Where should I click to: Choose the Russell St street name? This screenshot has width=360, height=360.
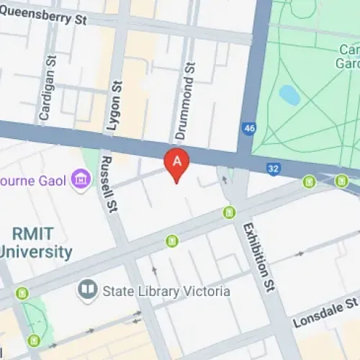click(109, 186)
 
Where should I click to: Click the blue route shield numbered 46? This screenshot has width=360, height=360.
click(249, 129)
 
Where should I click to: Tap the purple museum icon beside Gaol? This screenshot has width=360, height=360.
click(81, 178)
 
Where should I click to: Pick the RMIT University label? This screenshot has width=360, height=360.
click(36, 243)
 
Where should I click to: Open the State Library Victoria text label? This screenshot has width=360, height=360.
click(166, 291)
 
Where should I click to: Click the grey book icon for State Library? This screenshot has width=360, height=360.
click(87, 290)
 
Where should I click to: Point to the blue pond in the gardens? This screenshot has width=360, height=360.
click(289, 94)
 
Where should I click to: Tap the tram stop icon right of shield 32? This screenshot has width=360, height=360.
click(310, 182)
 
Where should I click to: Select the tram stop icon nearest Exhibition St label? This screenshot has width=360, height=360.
click(229, 212)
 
